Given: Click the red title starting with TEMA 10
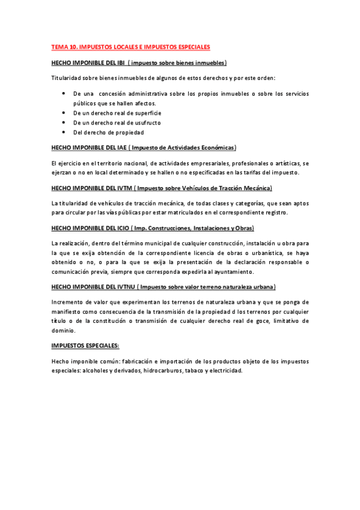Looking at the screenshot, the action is [x=130, y=46].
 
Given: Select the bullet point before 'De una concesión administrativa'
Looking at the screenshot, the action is [x=64, y=93].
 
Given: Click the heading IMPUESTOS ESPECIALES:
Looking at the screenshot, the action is [x=85, y=346].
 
